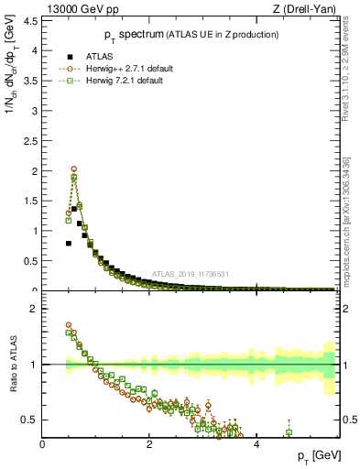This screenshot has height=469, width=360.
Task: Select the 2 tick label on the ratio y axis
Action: click(x=34, y=309)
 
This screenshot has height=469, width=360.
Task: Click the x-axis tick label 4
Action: click(x=256, y=444)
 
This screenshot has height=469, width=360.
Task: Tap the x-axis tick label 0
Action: click(x=42, y=444)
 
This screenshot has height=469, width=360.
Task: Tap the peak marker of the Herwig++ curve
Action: click(x=74, y=169)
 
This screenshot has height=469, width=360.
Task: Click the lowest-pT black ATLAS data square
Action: click(x=69, y=244)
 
